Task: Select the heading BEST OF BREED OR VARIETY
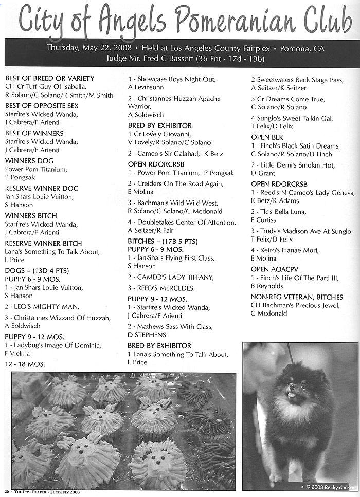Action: point(50,78)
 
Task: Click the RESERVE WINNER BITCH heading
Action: point(43,243)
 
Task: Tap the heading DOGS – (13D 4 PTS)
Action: point(37,270)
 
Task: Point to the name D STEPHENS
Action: point(148,335)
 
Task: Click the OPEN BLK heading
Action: point(267,137)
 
